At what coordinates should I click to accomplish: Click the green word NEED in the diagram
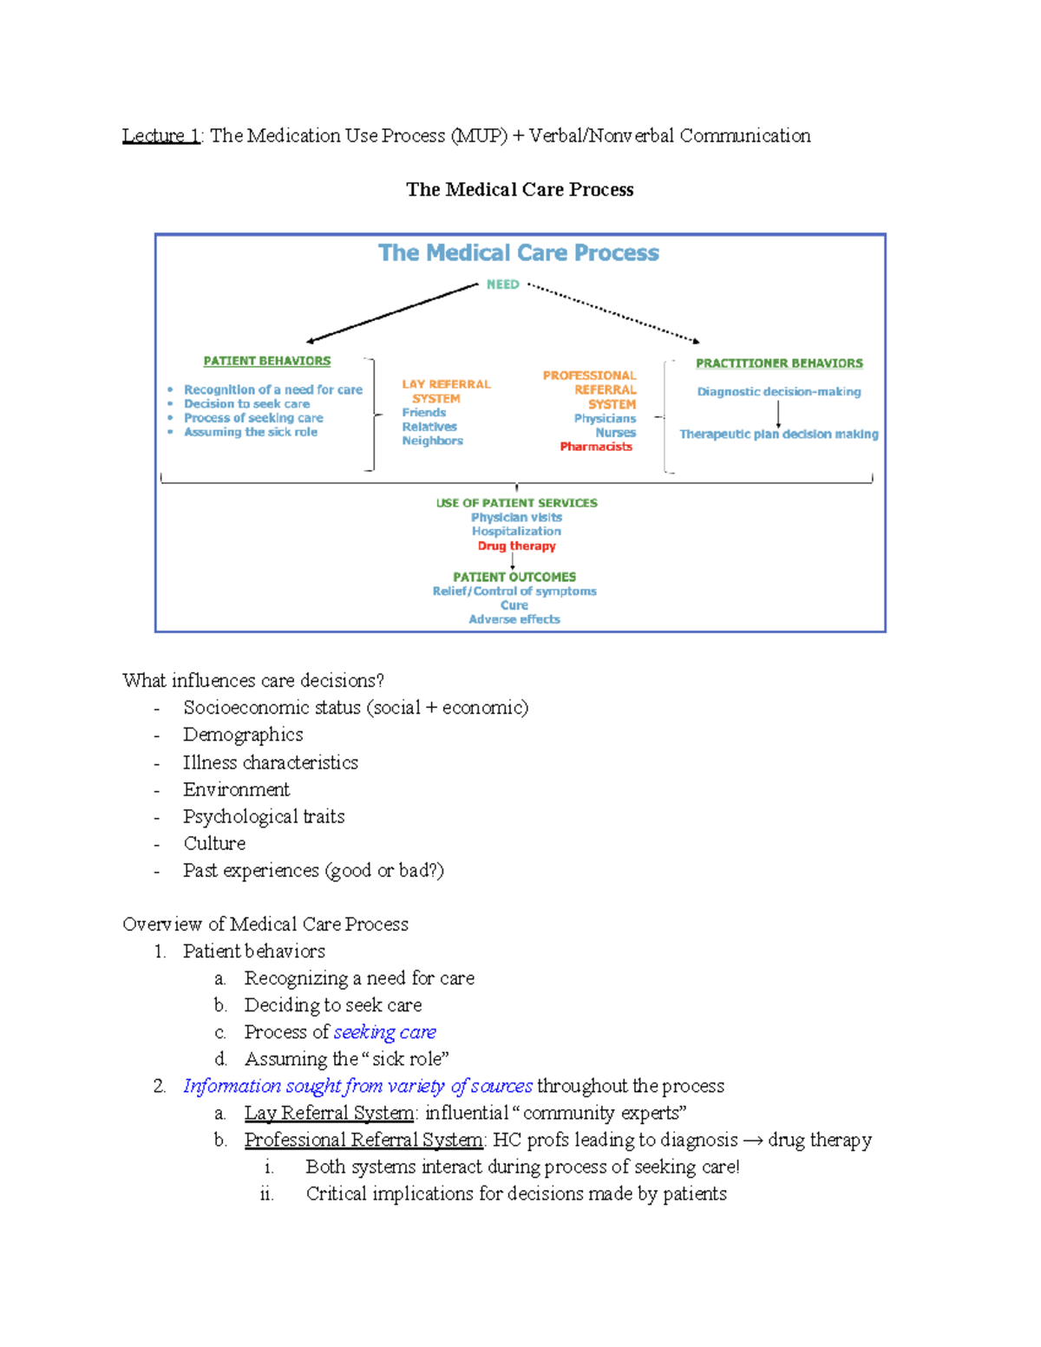pos(502,284)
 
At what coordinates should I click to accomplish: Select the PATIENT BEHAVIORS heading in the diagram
pos(266,361)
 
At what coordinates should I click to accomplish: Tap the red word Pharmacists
pos(596,447)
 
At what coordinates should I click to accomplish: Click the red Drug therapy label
pos(516,546)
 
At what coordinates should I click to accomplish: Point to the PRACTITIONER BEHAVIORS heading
pos(779,363)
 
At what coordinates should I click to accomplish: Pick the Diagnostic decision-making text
pos(779,392)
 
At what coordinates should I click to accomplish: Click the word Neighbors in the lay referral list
pos(432,441)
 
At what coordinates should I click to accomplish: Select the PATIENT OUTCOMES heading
pos(514,577)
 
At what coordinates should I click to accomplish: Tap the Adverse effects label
pos(514,619)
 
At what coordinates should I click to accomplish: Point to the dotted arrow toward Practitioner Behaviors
pos(614,313)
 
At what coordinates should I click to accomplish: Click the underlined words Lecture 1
pos(161,136)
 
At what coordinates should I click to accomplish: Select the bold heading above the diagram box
pos(520,190)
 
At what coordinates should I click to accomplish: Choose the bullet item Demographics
pos(243,735)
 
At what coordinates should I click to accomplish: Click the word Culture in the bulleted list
pos(214,843)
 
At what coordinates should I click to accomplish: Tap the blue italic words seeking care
pos(384,1032)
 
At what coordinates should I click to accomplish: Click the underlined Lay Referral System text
pos(329,1113)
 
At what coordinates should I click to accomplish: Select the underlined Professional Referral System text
pos(363,1140)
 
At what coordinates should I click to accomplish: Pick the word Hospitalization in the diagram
pos(516,532)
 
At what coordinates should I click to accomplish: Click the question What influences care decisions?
pos(252,681)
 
